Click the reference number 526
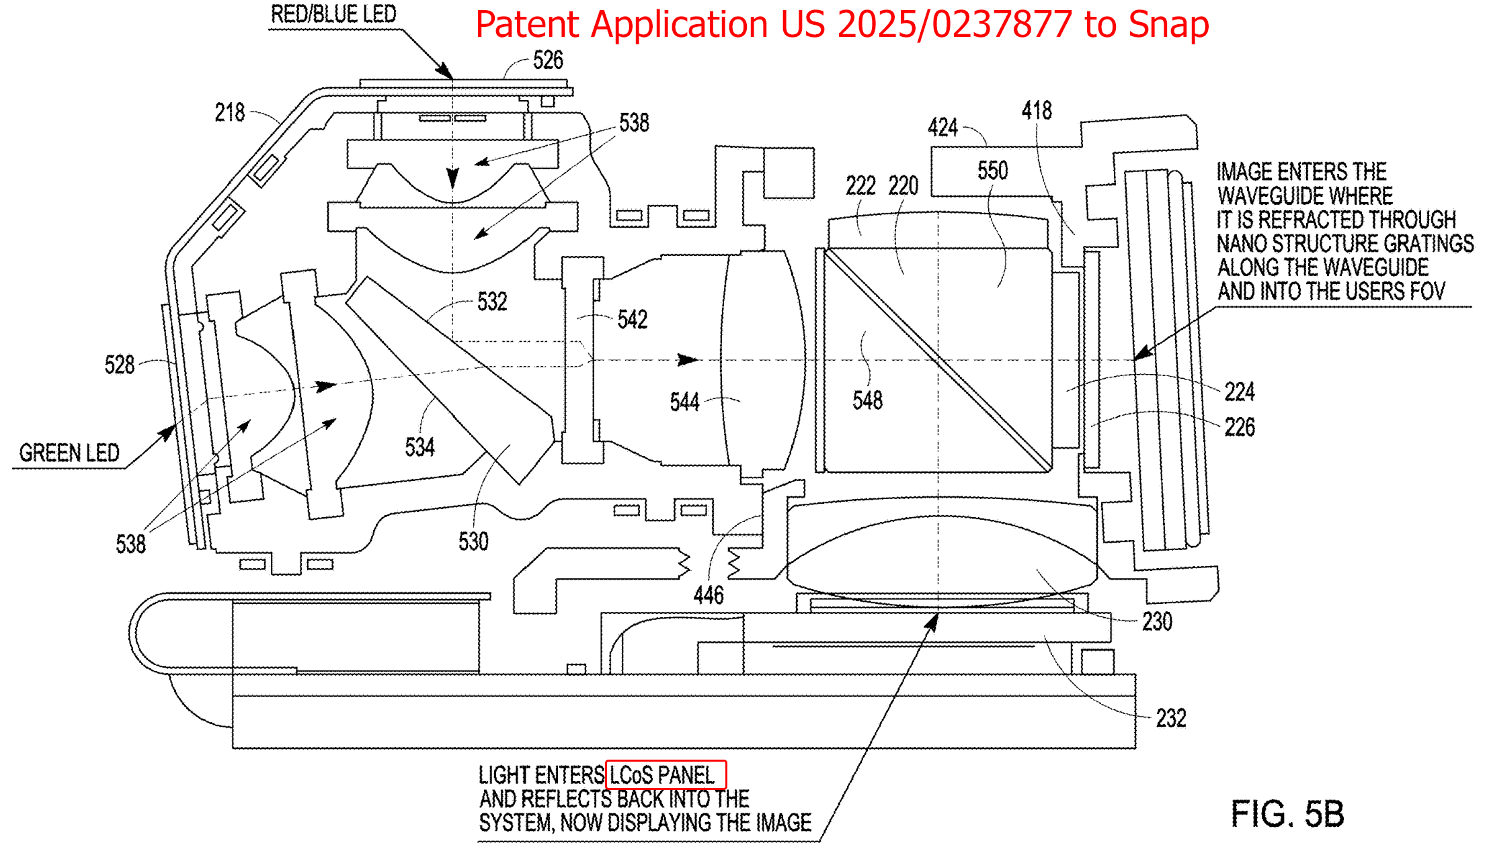(x=548, y=60)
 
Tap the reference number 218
(x=230, y=112)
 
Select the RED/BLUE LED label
(x=333, y=14)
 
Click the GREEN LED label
(x=69, y=453)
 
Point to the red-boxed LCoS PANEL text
(x=661, y=775)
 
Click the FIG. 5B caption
(x=1287, y=813)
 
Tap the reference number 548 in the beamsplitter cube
(x=868, y=400)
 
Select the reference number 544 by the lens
(x=685, y=402)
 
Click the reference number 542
(x=633, y=319)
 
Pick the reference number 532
(x=492, y=302)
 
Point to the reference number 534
(x=420, y=447)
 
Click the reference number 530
(x=474, y=541)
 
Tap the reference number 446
(x=709, y=594)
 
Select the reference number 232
(x=1171, y=718)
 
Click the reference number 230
(x=1158, y=621)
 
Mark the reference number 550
(x=993, y=170)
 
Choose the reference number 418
(x=1037, y=110)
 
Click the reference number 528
(x=120, y=365)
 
